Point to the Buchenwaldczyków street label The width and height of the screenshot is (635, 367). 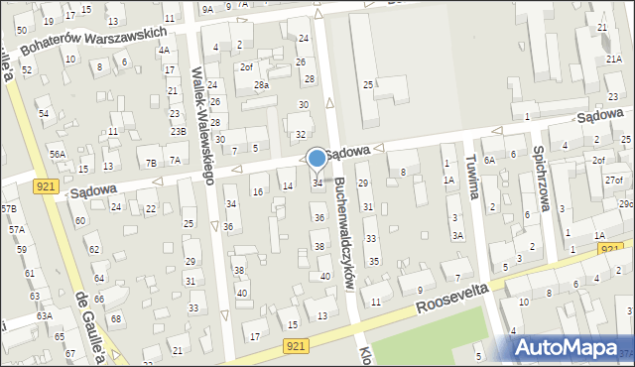pos(343,233)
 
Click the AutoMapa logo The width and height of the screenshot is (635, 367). pos(572,347)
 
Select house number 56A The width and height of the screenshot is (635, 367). pos(58,154)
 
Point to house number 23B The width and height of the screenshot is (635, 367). pos(178,131)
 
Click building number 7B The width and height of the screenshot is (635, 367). pos(151,162)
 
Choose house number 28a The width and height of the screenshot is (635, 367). pos(261,85)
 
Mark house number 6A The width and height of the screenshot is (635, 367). pos(515,154)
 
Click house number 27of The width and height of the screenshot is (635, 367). pos(613,180)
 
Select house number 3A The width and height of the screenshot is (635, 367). pos(457,235)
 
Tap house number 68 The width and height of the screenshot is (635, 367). pos(115,318)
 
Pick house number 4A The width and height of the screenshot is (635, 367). pos(164,50)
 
